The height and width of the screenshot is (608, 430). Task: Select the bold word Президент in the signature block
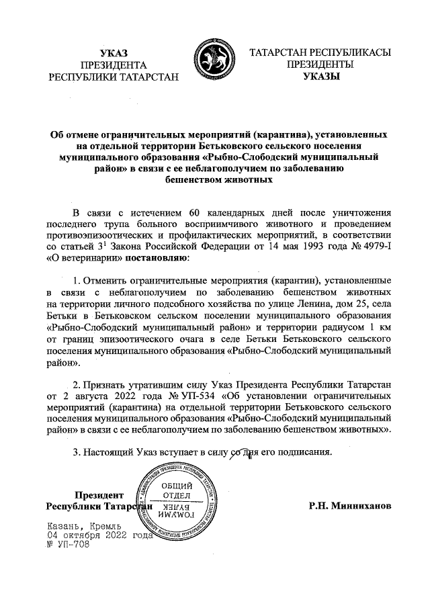click(99, 494)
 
